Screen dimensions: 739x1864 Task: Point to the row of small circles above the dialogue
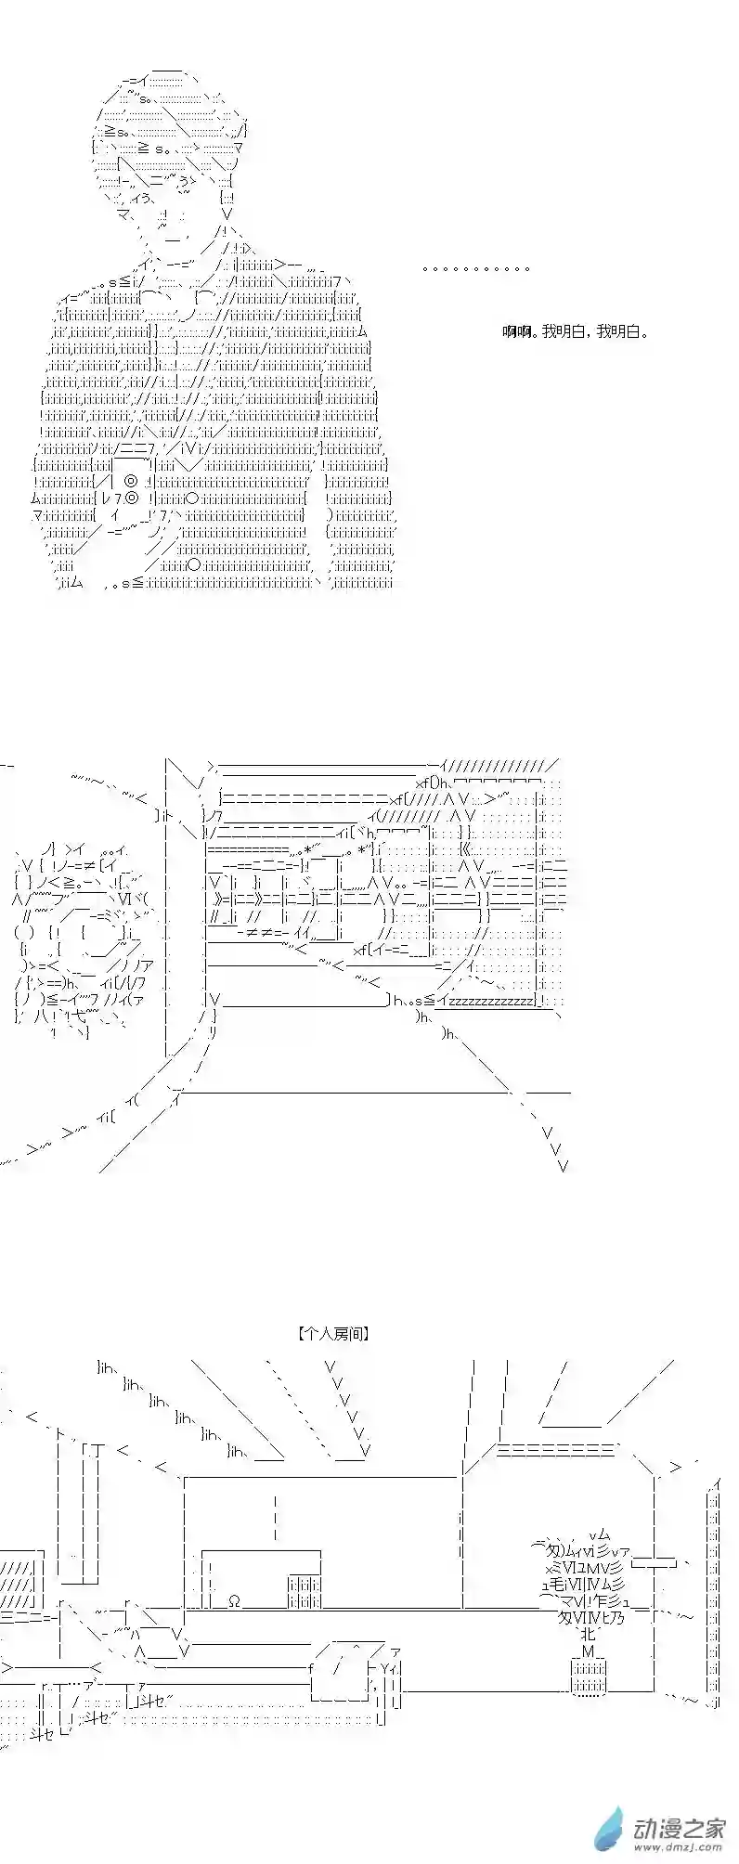[x=476, y=269]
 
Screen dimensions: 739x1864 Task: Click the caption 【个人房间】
[x=335, y=1333]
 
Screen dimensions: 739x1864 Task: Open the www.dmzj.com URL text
[x=679, y=1839]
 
